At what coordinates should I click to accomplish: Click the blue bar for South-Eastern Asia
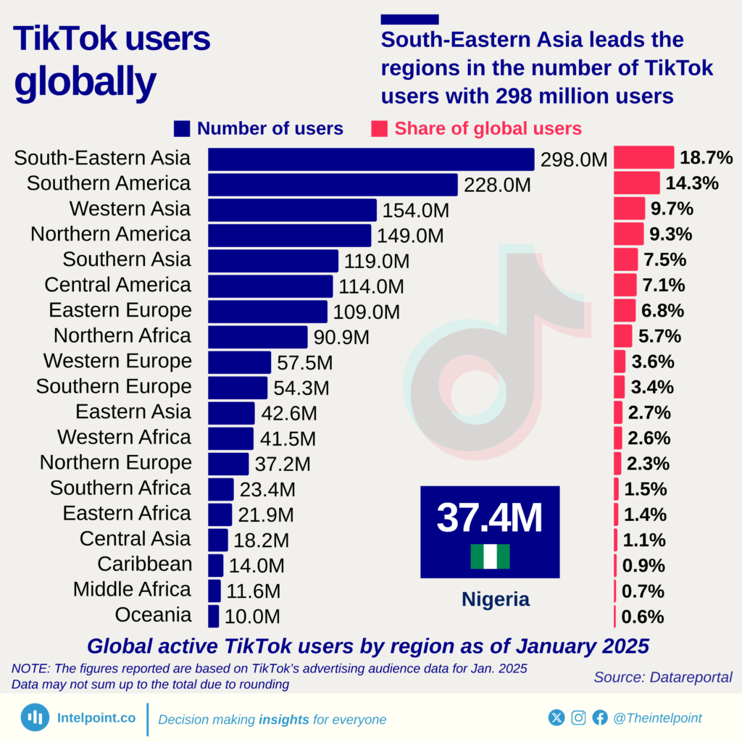coord(370,159)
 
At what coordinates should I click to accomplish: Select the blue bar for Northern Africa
coord(258,337)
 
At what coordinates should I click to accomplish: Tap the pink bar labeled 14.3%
coord(637,183)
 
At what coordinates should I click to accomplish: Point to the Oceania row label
coord(153,615)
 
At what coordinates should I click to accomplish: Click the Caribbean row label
coord(145,564)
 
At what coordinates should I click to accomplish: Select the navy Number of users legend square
coord(182,129)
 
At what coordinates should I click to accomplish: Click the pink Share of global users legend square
coord(379,129)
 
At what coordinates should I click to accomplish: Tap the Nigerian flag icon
coord(491,556)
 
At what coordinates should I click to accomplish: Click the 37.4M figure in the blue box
coord(490,518)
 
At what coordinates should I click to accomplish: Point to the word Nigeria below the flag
coord(496,599)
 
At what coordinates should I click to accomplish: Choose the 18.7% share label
coord(706,158)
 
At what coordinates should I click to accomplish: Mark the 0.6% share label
coord(643,617)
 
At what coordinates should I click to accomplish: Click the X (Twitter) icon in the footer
coord(556,717)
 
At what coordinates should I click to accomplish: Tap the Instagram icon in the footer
coord(578,717)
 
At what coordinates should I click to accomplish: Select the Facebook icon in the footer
coord(600,717)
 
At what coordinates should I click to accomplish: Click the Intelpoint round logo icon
coord(34,717)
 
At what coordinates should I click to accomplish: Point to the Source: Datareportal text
coord(663,677)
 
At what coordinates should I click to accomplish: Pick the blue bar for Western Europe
coord(239,362)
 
